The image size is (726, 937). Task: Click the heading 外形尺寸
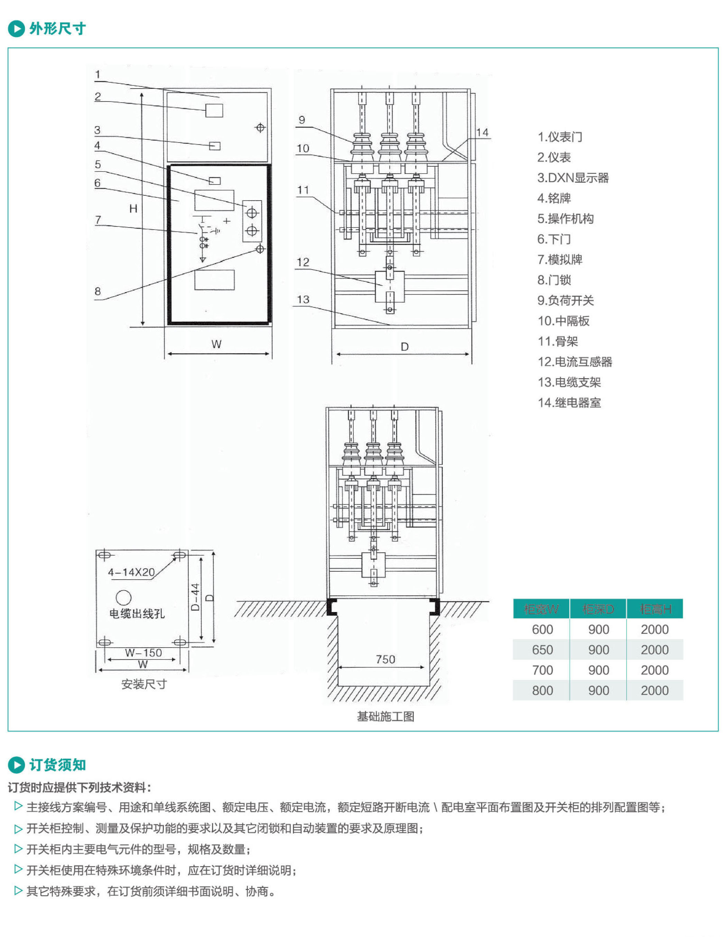57,29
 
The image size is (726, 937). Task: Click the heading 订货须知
57,764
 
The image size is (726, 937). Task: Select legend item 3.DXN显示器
573,178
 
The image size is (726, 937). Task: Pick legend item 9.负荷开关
566,300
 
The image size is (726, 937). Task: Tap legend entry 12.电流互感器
575,362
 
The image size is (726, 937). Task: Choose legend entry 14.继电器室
569,402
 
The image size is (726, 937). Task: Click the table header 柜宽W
541,609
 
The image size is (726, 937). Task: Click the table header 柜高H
655,609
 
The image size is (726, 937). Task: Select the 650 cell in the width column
542,650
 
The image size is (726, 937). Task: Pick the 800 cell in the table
542,690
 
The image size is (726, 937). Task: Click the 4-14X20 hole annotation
131,572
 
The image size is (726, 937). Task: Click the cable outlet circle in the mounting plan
123,597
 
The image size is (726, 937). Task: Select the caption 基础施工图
385,716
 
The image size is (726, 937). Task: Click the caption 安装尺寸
144,684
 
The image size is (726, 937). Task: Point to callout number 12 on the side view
303,262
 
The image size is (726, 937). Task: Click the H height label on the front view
133,208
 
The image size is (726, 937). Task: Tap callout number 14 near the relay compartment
482,132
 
